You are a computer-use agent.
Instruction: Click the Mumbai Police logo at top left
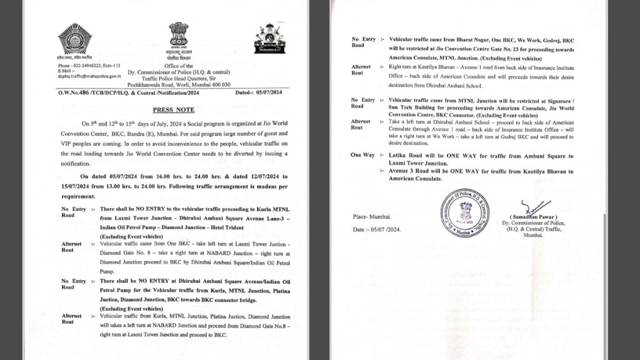(x=75, y=39)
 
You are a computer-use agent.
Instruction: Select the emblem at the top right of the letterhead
(x=269, y=38)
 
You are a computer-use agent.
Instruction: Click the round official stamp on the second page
(x=464, y=213)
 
